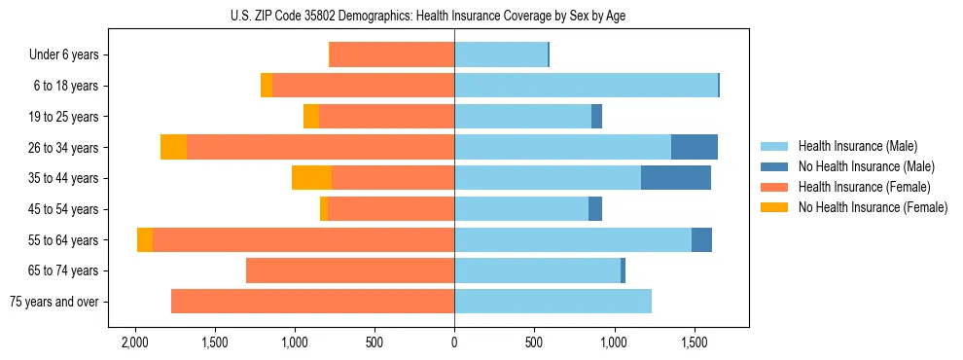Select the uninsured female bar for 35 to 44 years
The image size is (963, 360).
click(311, 178)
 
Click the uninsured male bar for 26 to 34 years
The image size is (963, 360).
click(695, 147)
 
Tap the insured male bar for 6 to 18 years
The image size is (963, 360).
click(586, 86)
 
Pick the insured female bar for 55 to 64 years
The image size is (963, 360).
click(303, 239)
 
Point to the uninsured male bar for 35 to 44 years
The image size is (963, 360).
click(676, 178)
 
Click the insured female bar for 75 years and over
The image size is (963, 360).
click(312, 302)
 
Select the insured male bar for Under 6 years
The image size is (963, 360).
click(501, 54)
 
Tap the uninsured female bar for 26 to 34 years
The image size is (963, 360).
click(173, 147)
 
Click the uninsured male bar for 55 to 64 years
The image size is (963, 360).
click(701, 239)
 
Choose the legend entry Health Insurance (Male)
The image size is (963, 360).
click(858, 146)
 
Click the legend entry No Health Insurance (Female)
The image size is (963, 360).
click(873, 207)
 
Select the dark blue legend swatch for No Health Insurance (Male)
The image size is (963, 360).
click(775, 166)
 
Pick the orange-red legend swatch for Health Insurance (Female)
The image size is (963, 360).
click(775, 187)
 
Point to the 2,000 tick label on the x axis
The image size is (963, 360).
click(134, 343)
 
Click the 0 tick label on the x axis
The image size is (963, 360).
click(454, 343)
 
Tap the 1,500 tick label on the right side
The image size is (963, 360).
click(694, 343)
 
